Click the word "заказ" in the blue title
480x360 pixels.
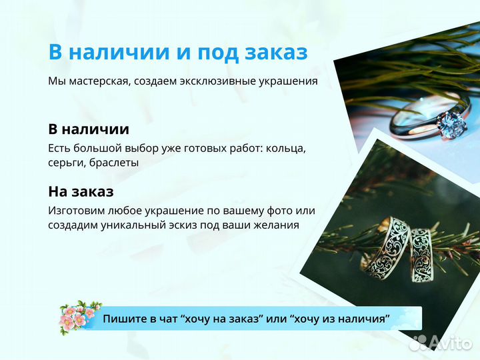tap(275, 53)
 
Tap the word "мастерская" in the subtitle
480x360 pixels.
tap(97, 81)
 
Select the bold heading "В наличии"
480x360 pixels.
tap(89, 129)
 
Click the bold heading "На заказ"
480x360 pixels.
tap(81, 191)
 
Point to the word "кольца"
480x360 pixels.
tap(285, 148)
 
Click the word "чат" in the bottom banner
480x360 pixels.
tap(167, 319)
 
